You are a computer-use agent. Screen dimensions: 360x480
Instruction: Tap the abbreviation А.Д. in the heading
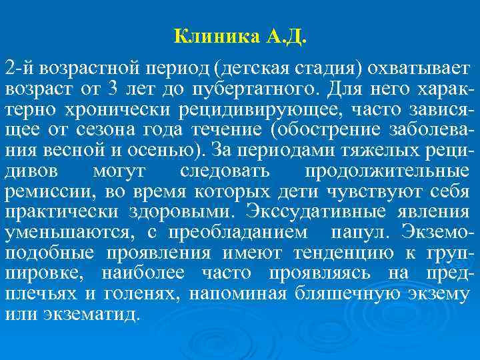[286, 35]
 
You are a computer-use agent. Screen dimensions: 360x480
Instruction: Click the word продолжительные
[386, 171]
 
